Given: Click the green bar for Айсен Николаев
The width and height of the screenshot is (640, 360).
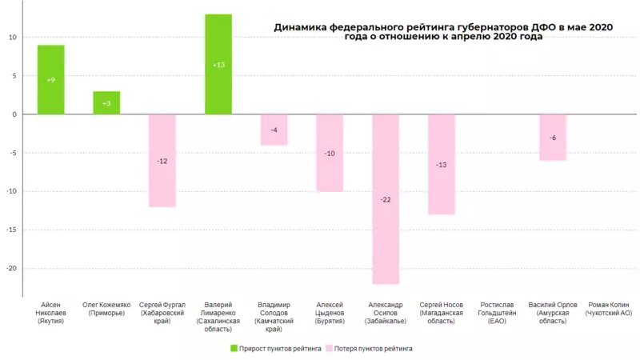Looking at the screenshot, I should (x=51, y=80).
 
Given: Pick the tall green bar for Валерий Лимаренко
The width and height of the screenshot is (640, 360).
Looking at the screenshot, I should (x=218, y=64).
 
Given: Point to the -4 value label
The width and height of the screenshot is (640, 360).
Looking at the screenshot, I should (x=274, y=130).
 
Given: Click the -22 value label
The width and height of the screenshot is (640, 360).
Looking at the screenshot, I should (x=386, y=199).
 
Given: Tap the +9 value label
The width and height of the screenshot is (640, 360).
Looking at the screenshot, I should (x=51, y=80).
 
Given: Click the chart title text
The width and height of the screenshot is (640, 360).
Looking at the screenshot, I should (x=443, y=31).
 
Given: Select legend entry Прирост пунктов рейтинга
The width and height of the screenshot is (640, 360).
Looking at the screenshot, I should (x=276, y=349).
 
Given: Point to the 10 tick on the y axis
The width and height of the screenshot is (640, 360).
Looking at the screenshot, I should (x=13, y=38).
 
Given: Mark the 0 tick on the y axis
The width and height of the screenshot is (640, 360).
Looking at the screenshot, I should (x=14, y=114).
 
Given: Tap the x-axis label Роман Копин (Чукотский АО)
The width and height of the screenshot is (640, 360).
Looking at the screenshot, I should (x=609, y=310).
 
